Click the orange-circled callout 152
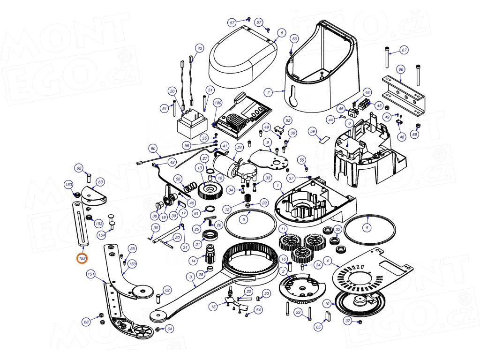click(82, 258)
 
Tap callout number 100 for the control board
click(217, 102)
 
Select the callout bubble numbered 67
click(404, 50)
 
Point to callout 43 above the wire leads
click(200, 48)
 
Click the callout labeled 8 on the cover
click(281, 33)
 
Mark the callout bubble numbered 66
click(400, 69)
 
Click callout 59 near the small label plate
click(313, 132)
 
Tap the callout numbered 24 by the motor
click(239, 148)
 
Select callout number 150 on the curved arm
click(132, 264)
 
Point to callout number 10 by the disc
click(327, 304)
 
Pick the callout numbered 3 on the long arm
click(191, 277)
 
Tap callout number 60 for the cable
click(153, 148)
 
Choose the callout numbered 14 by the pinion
click(193, 261)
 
